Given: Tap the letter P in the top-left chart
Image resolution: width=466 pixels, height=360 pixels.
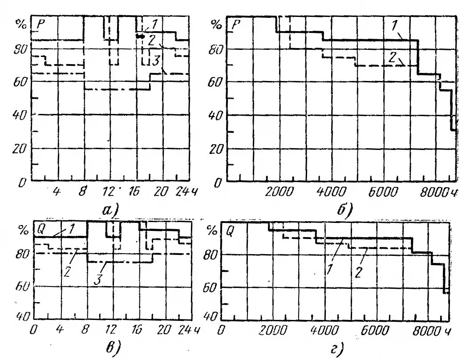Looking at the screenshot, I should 41,24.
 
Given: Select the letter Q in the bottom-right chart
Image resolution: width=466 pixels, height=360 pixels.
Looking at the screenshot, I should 231,231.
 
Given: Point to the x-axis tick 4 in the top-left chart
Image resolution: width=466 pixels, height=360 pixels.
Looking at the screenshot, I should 57,192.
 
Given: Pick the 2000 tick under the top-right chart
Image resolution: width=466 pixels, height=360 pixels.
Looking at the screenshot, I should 280,192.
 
